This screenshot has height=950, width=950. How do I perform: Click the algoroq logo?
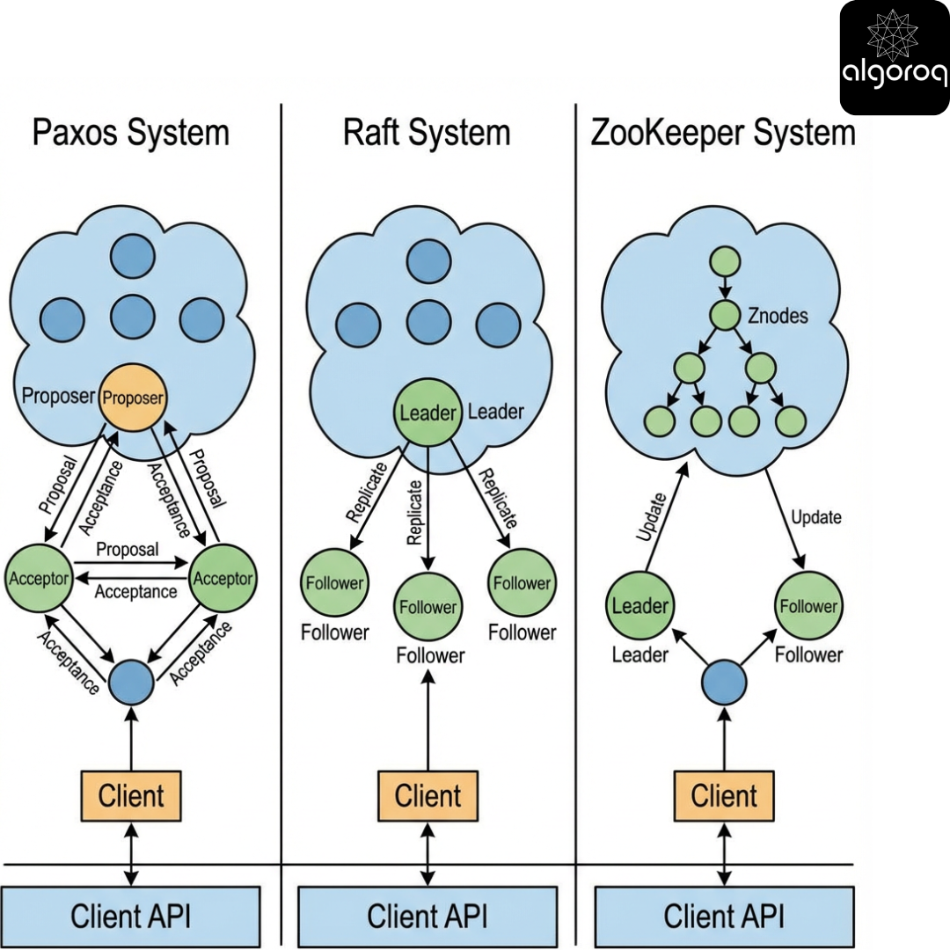point(894,57)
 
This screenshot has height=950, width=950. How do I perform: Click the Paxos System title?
point(131,134)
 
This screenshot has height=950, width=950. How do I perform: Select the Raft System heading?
point(427,134)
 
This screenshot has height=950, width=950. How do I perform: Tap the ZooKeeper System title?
point(723,134)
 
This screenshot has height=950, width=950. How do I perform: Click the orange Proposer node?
point(133,398)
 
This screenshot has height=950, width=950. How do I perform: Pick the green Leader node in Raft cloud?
point(427,412)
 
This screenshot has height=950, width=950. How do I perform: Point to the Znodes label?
point(778,315)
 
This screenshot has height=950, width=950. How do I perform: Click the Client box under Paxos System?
point(131,796)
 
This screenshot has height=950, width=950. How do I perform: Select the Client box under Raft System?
point(428,796)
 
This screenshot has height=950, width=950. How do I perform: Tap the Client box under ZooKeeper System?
point(724,796)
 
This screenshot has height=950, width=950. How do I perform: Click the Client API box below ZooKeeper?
point(724,917)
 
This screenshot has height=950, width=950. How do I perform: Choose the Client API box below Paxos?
point(131,917)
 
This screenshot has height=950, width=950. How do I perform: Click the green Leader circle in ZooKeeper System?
point(639,606)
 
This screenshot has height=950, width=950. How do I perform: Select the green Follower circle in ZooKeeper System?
point(807,606)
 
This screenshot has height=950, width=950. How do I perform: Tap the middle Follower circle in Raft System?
point(427,608)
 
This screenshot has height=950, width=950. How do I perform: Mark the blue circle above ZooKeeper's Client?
point(724,683)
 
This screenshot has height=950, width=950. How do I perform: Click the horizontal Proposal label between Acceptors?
point(128,550)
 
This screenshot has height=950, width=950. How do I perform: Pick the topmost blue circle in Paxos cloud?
point(133,256)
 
